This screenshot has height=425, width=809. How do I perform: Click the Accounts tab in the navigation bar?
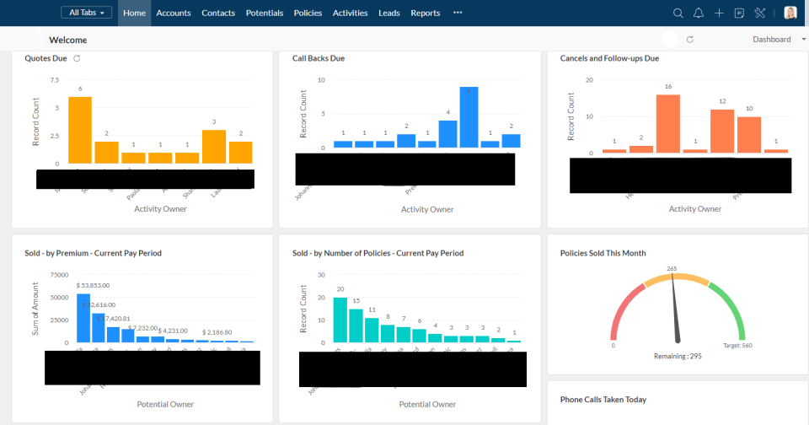tap(174, 13)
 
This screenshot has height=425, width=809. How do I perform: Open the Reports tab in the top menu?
tap(426, 13)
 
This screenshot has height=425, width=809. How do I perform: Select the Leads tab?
tap(389, 13)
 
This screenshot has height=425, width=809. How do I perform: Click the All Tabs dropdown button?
tap(86, 13)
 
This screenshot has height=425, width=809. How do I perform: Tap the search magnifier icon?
tap(678, 13)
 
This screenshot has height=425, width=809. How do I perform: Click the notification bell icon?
tap(699, 13)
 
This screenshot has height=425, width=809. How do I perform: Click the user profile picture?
tap(790, 13)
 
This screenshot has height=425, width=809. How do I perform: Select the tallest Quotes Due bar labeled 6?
tap(80, 130)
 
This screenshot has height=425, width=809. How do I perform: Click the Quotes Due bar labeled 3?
tap(214, 146)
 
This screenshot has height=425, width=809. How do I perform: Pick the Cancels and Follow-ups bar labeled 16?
tap(668, 123)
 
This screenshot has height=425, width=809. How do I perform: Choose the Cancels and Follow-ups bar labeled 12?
tap(722, 131)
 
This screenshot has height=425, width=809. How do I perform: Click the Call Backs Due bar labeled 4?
tap(448, 133)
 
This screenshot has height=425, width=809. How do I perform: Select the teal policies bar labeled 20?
tap(340, 320)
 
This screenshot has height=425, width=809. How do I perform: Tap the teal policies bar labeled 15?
tap(356, 325)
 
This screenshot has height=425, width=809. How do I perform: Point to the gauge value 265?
tap(672, 269)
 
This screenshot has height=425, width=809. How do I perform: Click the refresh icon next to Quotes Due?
tap(77, 58)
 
